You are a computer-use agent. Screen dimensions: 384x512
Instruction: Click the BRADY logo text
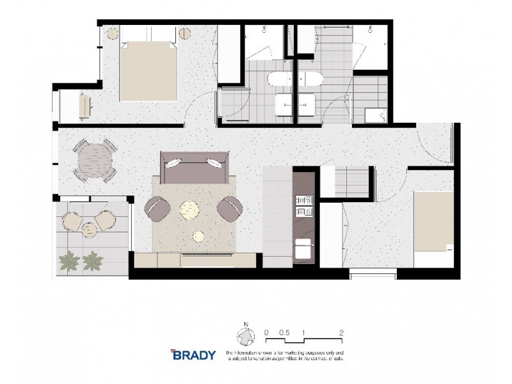tap(193, 354)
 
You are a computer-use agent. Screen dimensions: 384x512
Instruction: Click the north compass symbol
tap(244, 336)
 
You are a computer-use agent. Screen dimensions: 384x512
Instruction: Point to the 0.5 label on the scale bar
tap(285, 333)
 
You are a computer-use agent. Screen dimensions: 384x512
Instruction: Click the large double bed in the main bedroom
tap(149, 70)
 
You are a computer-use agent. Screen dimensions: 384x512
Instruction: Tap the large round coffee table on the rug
tap(191, 209)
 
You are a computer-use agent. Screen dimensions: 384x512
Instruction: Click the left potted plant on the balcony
tap(68, 260)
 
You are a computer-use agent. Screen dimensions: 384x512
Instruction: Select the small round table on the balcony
tap(88, 222)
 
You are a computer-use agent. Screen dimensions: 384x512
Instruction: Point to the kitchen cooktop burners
tap(302, 205)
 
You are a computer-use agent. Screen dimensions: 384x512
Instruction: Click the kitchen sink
tap(303, 245)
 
